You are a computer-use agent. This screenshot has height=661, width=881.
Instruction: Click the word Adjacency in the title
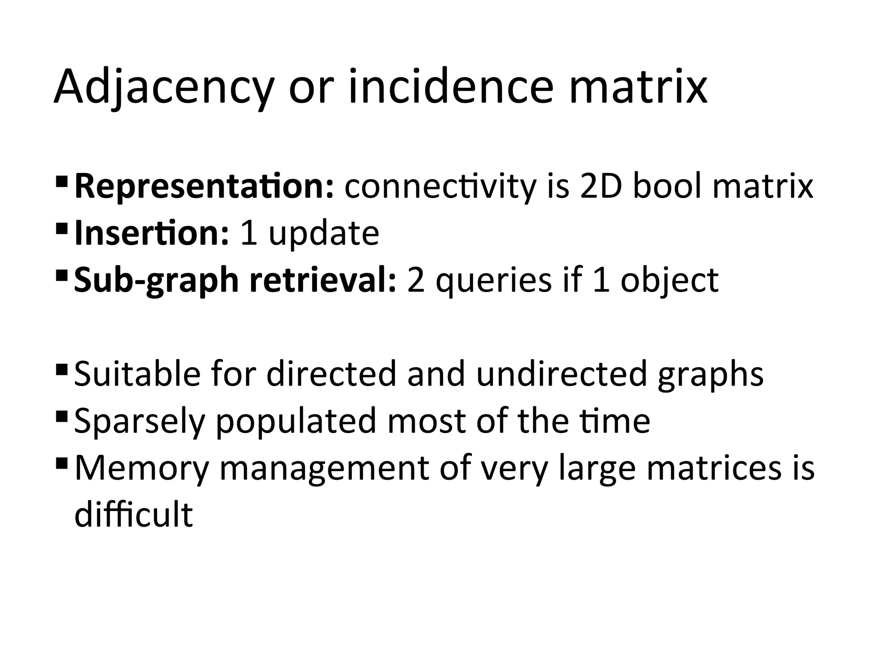click(x=163, y=88)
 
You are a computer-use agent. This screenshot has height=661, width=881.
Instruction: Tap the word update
click(x=323, y=234)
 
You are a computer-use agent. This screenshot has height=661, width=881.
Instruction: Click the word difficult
click(x=133, y=514)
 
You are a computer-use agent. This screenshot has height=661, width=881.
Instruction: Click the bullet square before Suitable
click(x=62, y=368)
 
